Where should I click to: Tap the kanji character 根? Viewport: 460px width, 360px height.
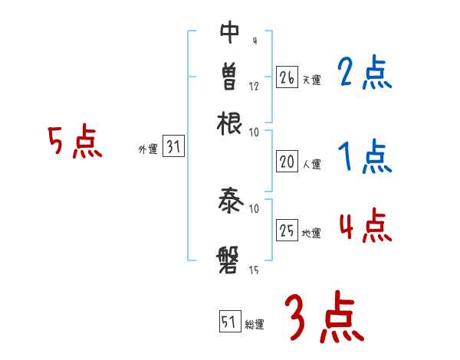(230, 122)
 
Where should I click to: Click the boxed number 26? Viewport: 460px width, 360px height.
(287, 77)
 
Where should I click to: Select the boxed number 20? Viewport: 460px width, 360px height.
(287, 161)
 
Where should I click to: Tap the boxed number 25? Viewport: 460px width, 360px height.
(287, 231)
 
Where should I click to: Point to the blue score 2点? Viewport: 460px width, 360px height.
(364, 74)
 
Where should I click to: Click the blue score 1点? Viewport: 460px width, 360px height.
(364, 158)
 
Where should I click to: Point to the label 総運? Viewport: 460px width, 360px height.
(255, 325)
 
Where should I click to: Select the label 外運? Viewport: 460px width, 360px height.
(148, 150)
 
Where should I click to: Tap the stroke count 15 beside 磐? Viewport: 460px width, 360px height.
(254, 270)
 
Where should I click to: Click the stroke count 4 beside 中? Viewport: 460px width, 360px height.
(254, 41)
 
